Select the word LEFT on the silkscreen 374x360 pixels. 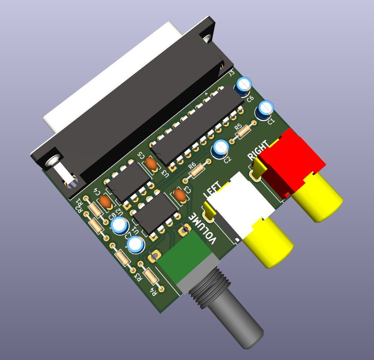213,189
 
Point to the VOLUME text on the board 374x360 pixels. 204,227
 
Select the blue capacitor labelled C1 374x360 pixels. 265,109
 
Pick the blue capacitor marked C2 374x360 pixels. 221,148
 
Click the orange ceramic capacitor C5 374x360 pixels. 150,163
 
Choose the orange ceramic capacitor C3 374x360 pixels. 180,195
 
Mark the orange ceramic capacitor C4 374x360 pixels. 106,201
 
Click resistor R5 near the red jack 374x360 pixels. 244,131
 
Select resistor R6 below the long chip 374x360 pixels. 197,171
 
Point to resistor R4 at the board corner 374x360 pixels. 151,277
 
